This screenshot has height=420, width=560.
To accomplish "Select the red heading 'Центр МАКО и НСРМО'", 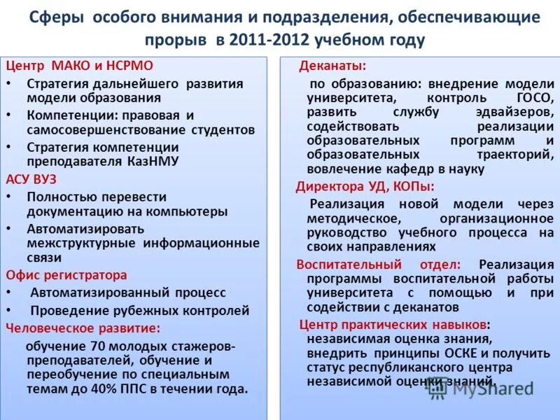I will (65, 66).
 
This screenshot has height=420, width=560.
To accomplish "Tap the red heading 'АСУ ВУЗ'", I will (31, 179).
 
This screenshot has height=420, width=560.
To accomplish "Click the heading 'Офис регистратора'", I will (67, 275).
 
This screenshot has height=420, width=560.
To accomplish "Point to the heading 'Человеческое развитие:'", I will (83, 327).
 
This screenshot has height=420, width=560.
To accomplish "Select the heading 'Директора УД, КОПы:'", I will (365, 186).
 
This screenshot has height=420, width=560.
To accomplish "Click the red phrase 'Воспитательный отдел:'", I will (378, 265).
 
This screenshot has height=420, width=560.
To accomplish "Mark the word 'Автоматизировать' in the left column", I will (85, 229).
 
